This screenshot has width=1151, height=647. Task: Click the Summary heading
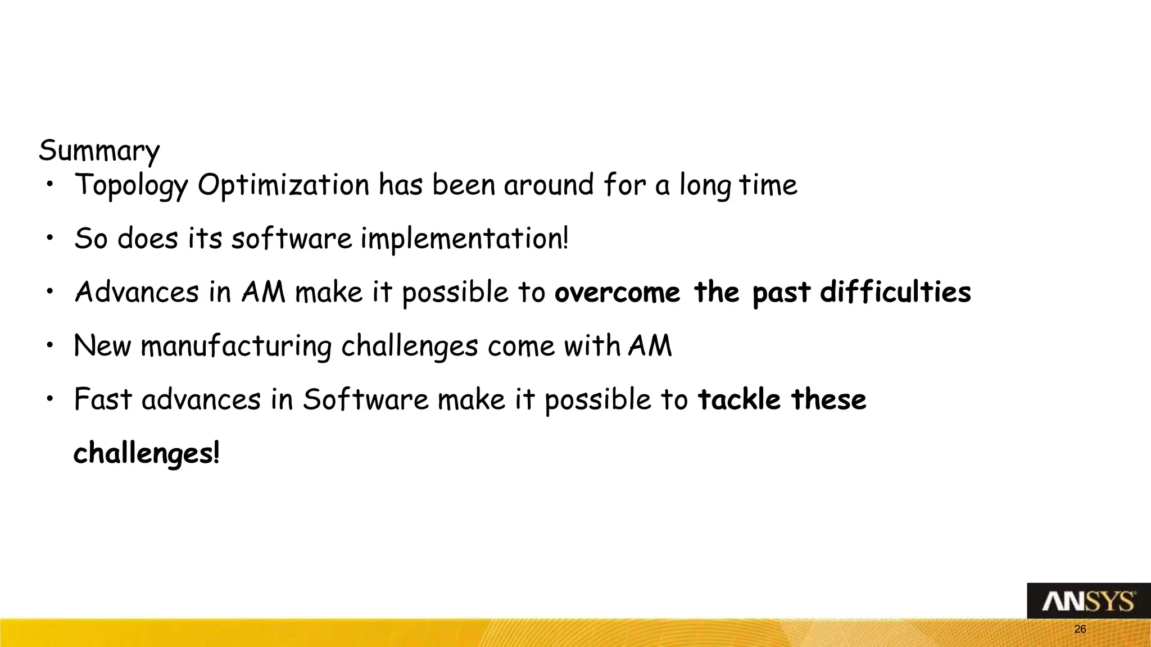coord(99,151)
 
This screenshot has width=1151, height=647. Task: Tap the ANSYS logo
coord(1088,602)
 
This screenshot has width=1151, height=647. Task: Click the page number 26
coord(1080,630)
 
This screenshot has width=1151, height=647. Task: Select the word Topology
coord(130,186)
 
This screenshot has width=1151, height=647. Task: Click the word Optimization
coord(283,186)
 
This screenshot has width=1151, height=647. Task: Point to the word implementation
coord(464,239)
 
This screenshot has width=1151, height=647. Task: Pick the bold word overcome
coord(617,293)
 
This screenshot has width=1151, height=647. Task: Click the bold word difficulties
coord(895,293)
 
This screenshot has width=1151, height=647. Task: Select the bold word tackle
coord(739,400)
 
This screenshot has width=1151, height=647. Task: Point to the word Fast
coord(103,400)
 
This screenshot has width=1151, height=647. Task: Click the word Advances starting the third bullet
coord(137,293)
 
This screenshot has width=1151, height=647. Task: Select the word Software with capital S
coord(365,400)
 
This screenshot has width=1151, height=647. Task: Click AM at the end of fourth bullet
coord(650,346)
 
